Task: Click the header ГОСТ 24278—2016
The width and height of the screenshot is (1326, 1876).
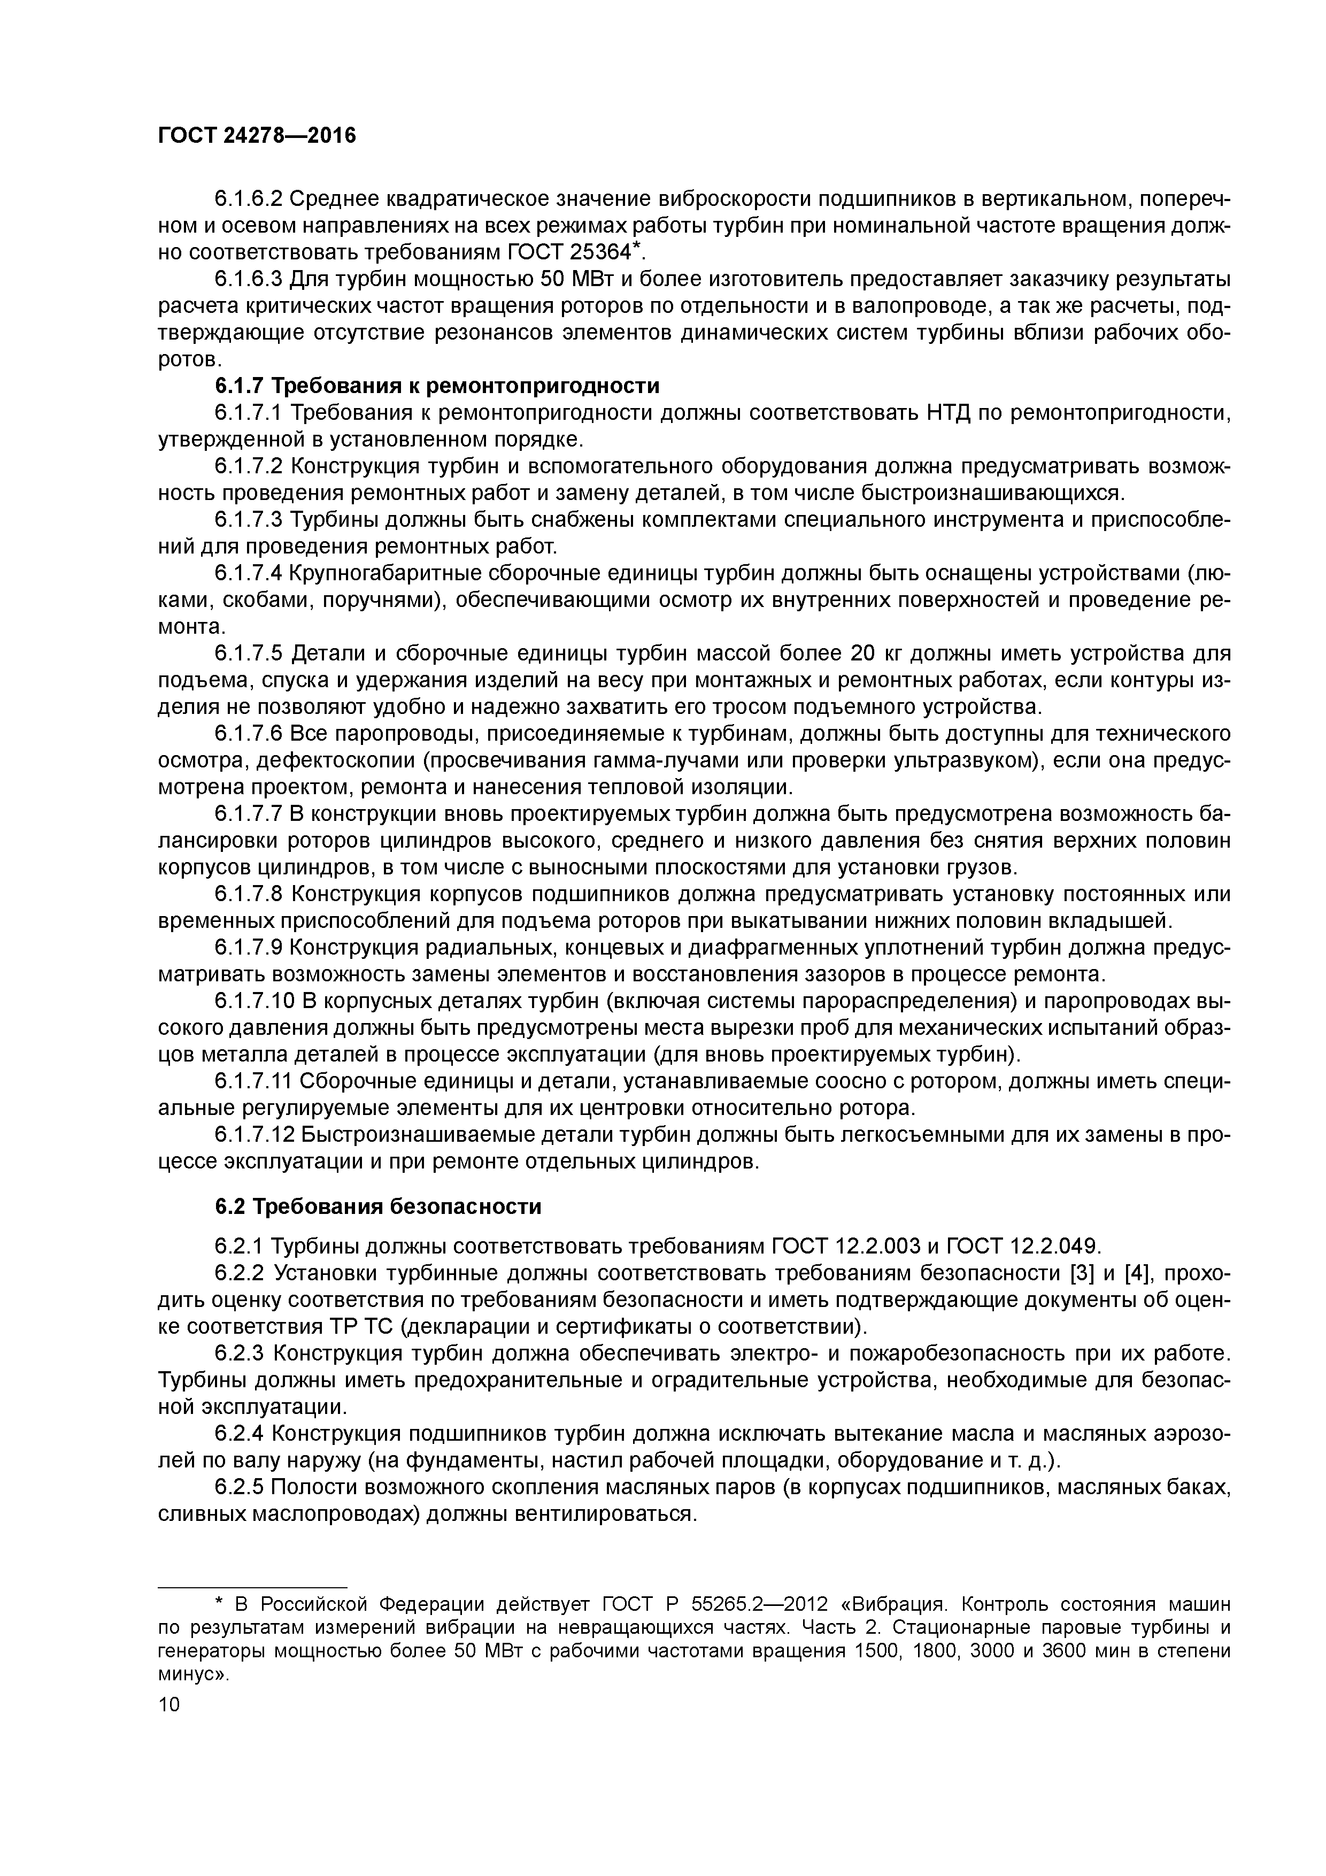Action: coord(257,136)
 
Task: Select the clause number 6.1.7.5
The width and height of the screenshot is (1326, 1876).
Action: coord(249,653)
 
